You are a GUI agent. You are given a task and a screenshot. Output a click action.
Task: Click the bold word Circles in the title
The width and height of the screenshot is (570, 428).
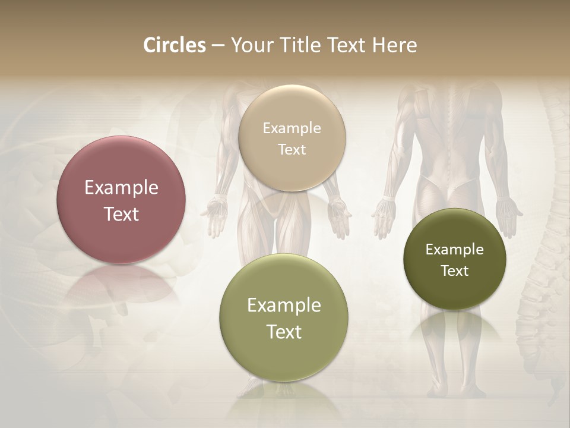click(x=175, y=45)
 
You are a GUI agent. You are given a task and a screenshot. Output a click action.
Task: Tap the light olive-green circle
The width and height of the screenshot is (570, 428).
click(x=284, y=357)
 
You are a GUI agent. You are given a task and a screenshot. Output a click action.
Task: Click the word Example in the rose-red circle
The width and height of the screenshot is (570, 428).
click(x=121, y=188)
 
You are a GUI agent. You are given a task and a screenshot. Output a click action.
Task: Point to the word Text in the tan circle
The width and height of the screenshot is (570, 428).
click(x=292, y=149)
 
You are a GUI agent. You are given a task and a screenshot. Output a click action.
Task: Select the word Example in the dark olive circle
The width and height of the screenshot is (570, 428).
click(x=455, y=250)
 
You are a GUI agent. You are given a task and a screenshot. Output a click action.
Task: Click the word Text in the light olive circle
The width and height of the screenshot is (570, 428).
click(x=284, y=332)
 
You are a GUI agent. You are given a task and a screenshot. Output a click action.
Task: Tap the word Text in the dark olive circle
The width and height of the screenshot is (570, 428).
click(x=455, y=271)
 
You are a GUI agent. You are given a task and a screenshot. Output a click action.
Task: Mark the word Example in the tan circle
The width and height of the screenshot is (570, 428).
click(x=292, y=128)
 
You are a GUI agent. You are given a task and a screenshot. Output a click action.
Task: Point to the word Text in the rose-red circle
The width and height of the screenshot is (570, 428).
click(x=121, y=214)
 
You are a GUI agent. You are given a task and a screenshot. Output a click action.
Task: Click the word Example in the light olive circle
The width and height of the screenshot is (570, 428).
click(x=284, y=306)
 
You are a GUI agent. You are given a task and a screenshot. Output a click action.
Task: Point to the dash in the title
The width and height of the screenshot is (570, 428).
click(x=218, y=46)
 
